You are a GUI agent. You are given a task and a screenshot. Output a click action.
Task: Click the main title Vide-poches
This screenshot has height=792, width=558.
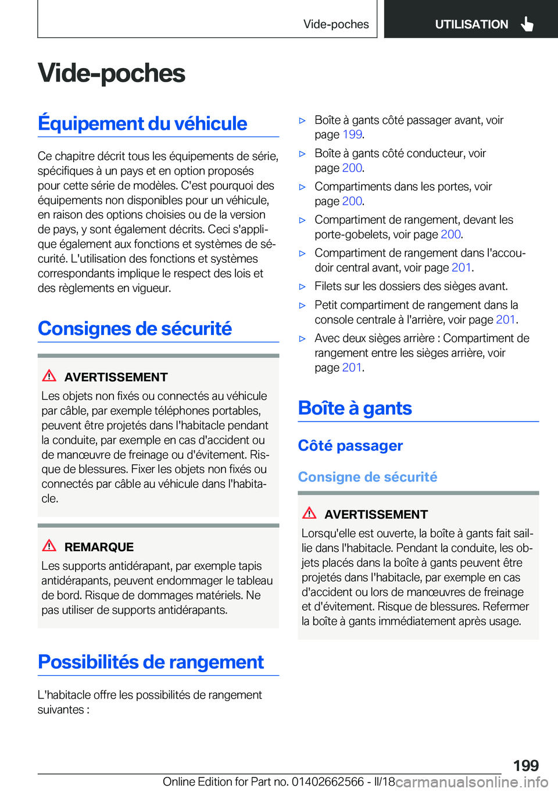pos(112,73)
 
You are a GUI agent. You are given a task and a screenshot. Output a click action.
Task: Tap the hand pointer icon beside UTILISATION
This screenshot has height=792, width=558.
pos(527,24)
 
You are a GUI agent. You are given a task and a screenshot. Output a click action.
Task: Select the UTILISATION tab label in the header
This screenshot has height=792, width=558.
pos(471,24)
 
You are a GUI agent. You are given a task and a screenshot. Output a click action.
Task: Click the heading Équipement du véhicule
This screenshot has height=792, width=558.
pos(142,123)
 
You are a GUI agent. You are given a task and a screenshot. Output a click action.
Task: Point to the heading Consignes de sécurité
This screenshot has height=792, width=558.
pos(135,329)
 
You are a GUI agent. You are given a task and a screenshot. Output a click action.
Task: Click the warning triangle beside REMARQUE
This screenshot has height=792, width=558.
pos(49,545)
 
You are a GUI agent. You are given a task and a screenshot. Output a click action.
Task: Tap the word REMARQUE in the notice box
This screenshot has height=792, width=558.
pos(99,547)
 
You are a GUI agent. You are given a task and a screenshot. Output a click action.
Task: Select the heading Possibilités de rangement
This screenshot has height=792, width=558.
pos(151,662)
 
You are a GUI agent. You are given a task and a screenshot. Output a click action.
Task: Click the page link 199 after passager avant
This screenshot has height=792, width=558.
pos(352,134)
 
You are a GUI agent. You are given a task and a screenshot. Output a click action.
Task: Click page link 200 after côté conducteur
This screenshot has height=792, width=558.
pos(352,168)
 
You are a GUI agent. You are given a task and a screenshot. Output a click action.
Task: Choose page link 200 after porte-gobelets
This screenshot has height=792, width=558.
pos(450,234)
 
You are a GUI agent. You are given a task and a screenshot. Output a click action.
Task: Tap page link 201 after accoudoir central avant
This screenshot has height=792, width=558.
pos(461,267)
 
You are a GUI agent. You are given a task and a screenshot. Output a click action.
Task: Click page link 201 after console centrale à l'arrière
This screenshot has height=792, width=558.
pos(505,319)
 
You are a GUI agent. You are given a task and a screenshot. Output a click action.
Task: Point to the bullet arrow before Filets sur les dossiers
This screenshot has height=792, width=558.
pos(302,287)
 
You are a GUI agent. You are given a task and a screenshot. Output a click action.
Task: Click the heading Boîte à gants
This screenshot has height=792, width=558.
pos(355,408)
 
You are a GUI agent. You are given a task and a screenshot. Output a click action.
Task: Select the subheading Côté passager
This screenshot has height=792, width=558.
pos(350,445)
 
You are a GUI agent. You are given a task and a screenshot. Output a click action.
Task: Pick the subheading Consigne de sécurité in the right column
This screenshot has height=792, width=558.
pos(367,477)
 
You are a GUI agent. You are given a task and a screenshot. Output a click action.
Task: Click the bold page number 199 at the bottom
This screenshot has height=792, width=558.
pos(525,765)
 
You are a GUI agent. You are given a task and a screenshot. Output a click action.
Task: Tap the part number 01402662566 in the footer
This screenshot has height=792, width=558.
pos(328,782)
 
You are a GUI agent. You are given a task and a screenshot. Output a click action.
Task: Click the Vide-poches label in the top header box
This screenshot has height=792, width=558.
pos(336,24)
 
